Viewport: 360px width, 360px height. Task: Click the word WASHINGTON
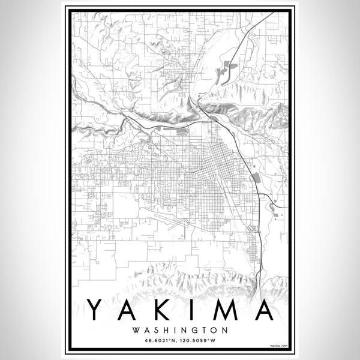click(x=180, y=330)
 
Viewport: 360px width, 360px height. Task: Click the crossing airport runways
click(x=174, y=224)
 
